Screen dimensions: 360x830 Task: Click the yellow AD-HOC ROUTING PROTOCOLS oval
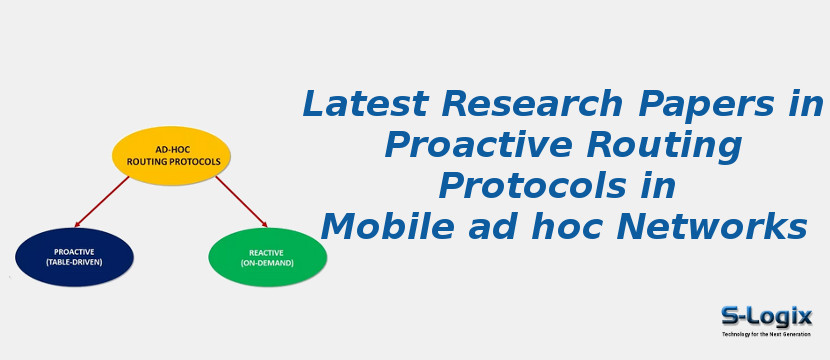tap(171, 155)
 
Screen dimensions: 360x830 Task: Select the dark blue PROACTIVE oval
tap(74, 257)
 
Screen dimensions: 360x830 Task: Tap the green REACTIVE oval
tap(267, 257)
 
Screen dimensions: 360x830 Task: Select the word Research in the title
tap(499, 105)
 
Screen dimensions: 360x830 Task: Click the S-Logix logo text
tap(766, 317)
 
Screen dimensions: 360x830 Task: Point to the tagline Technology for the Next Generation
tap(766, 334)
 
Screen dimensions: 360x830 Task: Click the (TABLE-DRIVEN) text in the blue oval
tap(74, 263)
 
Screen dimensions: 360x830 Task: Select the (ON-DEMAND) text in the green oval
tap(267, 263)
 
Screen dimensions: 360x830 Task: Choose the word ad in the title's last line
tap(480, 228)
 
